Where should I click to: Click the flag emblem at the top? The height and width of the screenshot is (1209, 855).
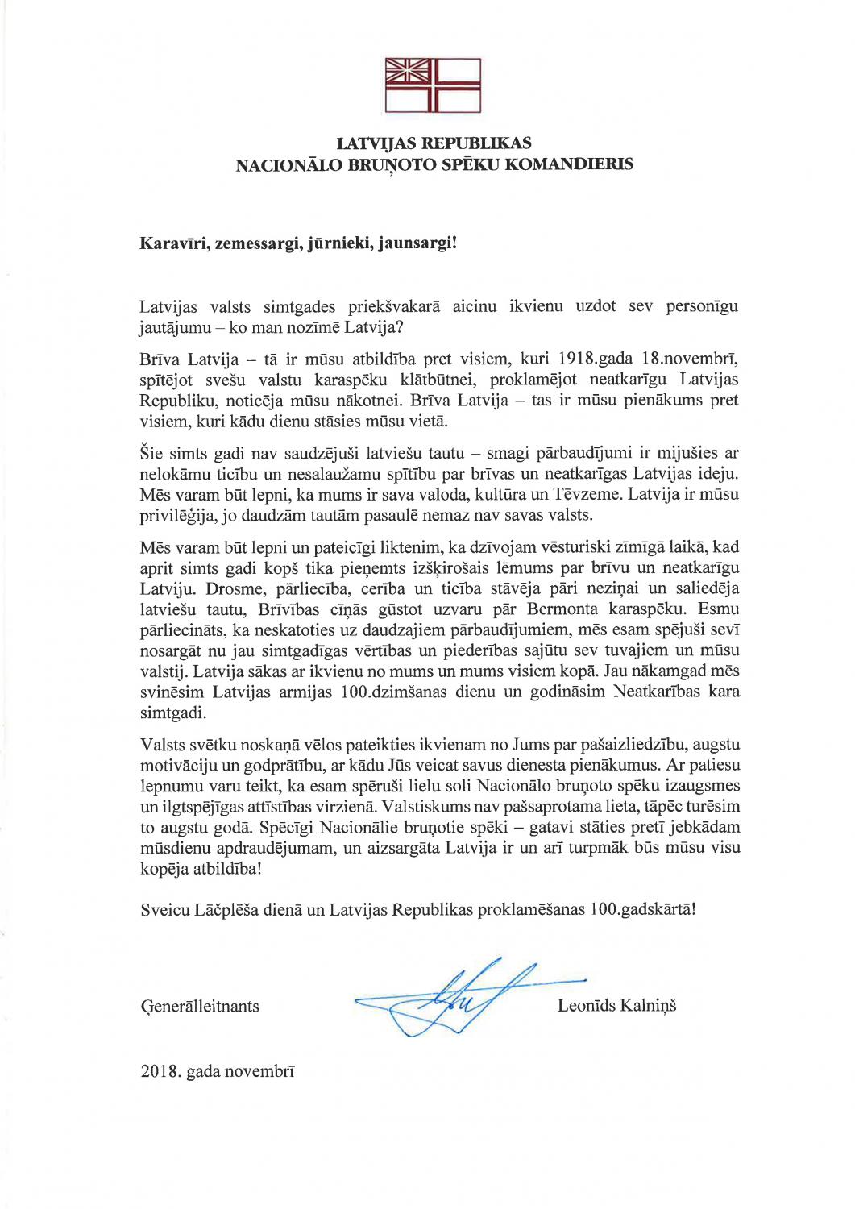(433, 85)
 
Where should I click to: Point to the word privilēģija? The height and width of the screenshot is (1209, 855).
(178, 515)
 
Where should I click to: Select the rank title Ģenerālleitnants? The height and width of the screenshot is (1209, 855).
(200, 1006)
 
